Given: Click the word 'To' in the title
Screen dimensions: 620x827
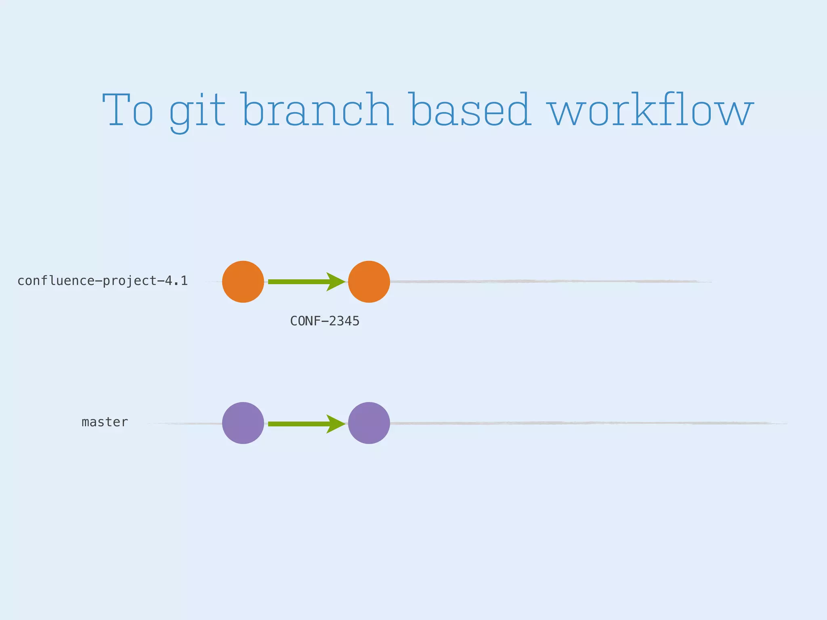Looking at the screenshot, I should pyautogui.click(x=128, y=110).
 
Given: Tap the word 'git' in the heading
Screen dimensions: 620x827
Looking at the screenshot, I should pyautogui.click(x=197, y=111).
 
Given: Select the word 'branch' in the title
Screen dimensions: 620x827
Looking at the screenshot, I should pyautogui.click(x=318, y=110).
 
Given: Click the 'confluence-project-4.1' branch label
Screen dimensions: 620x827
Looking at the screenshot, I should pyautogui.click(x=103, y=281).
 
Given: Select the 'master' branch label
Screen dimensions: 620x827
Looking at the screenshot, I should pyautogui.click(x=105, y=422).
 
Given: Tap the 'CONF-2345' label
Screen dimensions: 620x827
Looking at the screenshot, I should pyautogui.click(x=325, y=321).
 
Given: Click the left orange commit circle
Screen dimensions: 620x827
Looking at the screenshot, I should pyautogui.click(x=243, y=282).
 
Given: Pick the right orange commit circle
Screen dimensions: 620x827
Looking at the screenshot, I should pyautogui.click(x=369, y=282).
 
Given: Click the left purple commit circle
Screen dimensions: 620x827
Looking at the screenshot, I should pyautogui.click(x=243, y=423).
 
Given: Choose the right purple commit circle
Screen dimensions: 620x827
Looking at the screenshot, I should pyautogui.click(x=369, y=423).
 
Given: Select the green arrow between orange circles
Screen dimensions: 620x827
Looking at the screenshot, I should pyautogui.click(x=299, y=282).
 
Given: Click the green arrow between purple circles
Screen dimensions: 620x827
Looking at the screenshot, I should pyautogui.click(x=299, y=424).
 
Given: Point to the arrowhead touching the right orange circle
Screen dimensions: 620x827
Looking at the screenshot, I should pyautogui.click(x=336, y=282).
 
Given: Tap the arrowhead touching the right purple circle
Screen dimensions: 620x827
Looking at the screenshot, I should pyautogui.click(x=336, y=424).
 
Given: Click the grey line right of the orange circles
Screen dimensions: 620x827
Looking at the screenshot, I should pyautogui.click(x=545, y=281).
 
